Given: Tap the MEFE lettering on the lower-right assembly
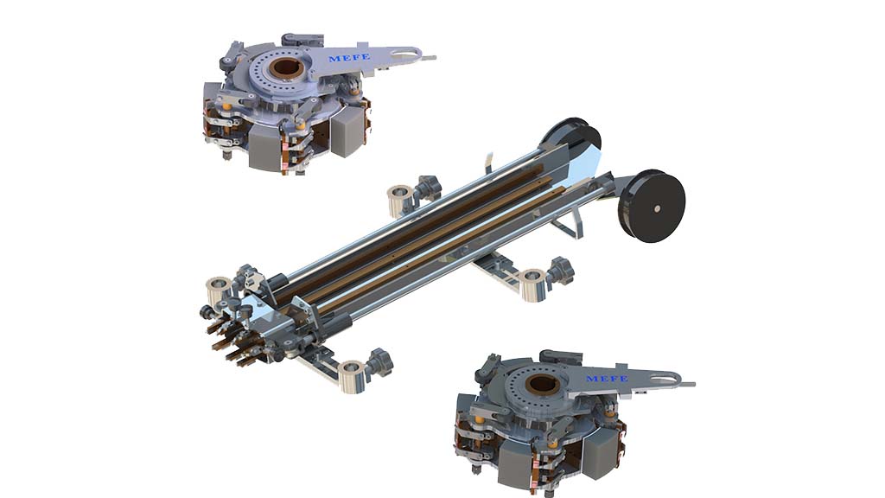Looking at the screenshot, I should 607,378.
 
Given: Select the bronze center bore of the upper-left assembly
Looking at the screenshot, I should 283,67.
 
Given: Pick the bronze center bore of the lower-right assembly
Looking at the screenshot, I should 542,384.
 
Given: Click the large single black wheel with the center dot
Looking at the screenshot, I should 654,206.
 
